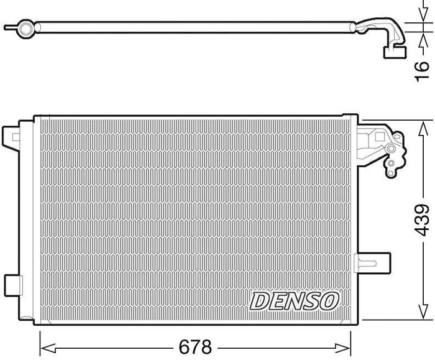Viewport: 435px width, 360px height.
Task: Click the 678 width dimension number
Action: (x=195, y=347)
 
